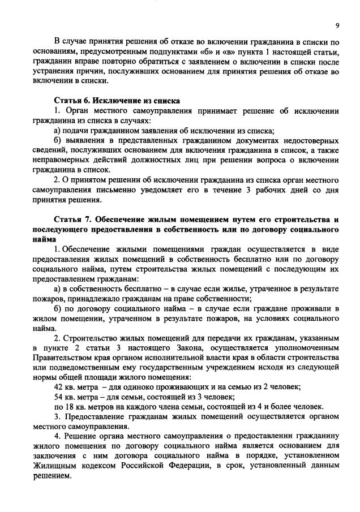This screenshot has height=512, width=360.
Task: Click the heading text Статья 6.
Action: (x=71, y=100)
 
